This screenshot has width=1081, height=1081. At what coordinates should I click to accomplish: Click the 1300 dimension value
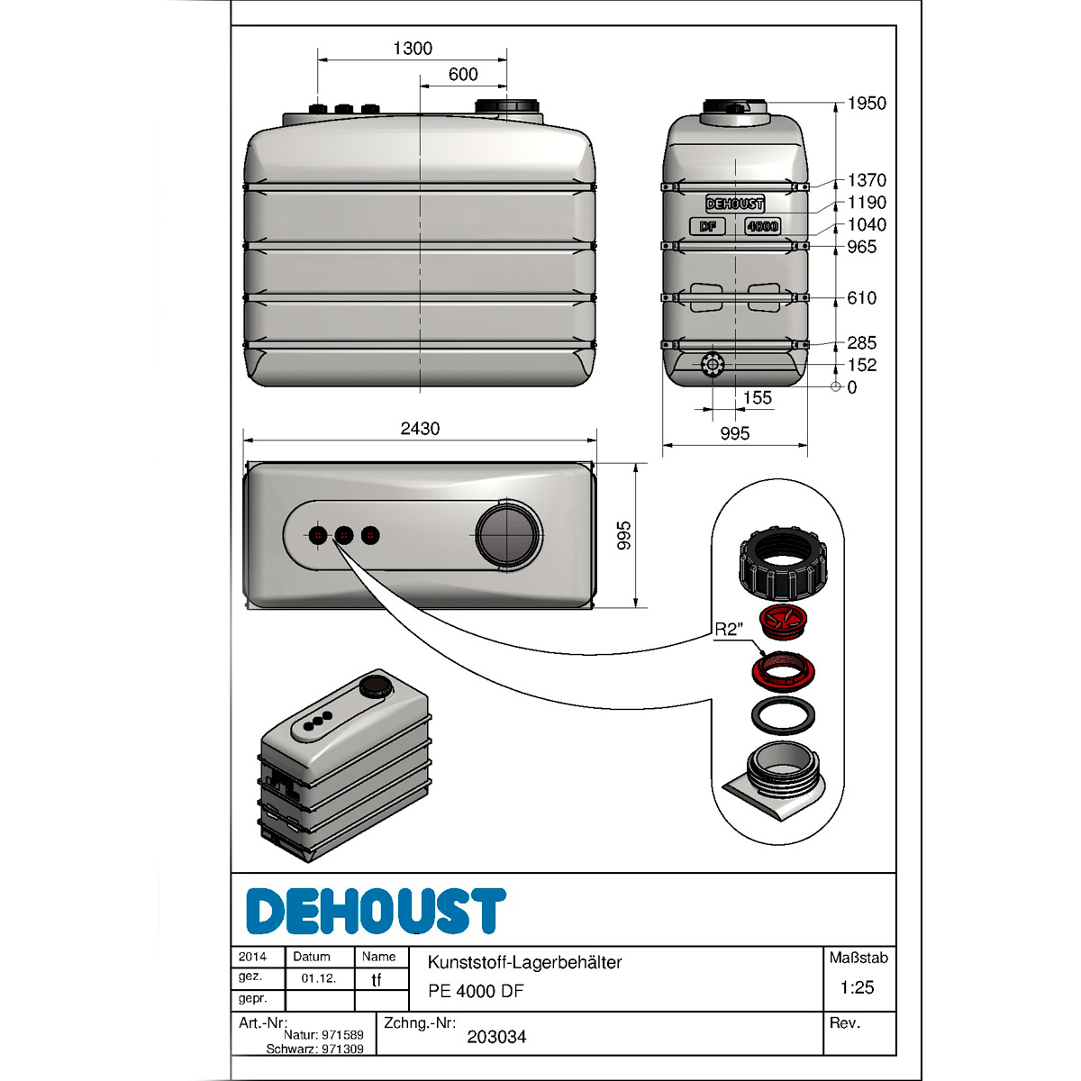[x=413, y=49]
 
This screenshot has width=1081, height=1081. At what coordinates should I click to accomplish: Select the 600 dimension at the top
[x=463, y=75]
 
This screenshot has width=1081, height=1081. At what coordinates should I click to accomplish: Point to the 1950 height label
[x=867, y=104]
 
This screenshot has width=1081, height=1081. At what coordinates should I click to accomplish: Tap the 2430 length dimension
[x=420, y=429]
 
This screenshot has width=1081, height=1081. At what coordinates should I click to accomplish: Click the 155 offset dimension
[x=758, y=398]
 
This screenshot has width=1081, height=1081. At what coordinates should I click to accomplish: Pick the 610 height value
[x=861, y=298]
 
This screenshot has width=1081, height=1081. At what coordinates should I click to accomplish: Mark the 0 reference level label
[x=852, y=387]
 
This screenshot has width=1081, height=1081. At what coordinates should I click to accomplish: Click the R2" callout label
[x=728, y=630]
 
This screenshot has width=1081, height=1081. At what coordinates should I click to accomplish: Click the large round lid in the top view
[x=508, y=534]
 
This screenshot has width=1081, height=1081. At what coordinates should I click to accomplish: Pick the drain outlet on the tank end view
[x=712, y=366]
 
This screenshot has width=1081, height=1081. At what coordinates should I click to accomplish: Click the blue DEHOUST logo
[x=376, y=912]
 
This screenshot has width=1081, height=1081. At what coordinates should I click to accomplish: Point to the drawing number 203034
[x=496, y=1037]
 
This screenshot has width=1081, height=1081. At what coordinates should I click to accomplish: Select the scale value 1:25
[x=857, y=987]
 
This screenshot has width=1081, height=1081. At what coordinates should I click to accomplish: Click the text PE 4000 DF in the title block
[x=476, y=991]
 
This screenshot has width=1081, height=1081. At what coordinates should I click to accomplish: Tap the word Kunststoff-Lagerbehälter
[x=524, y=962]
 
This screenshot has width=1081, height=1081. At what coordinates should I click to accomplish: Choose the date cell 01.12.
[x=319, y=978]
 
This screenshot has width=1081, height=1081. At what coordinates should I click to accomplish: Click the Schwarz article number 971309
[x=342, y=1049]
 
